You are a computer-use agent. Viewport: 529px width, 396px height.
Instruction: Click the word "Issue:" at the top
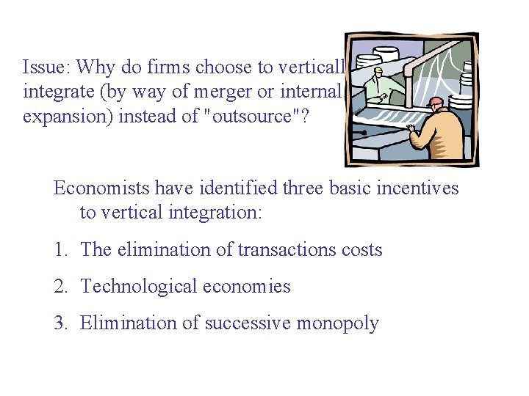pos(46,68)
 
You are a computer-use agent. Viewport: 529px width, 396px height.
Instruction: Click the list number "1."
pos(61,250)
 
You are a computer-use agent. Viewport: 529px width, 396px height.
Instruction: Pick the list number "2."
pos(61,287)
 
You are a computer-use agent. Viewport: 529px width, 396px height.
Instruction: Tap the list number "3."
pos(61,323)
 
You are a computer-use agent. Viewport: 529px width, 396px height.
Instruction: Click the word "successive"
pos(249,323)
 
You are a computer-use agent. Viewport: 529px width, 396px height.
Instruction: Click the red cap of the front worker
pos(436,101)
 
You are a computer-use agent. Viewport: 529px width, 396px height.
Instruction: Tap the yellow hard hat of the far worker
pos(378,70)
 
